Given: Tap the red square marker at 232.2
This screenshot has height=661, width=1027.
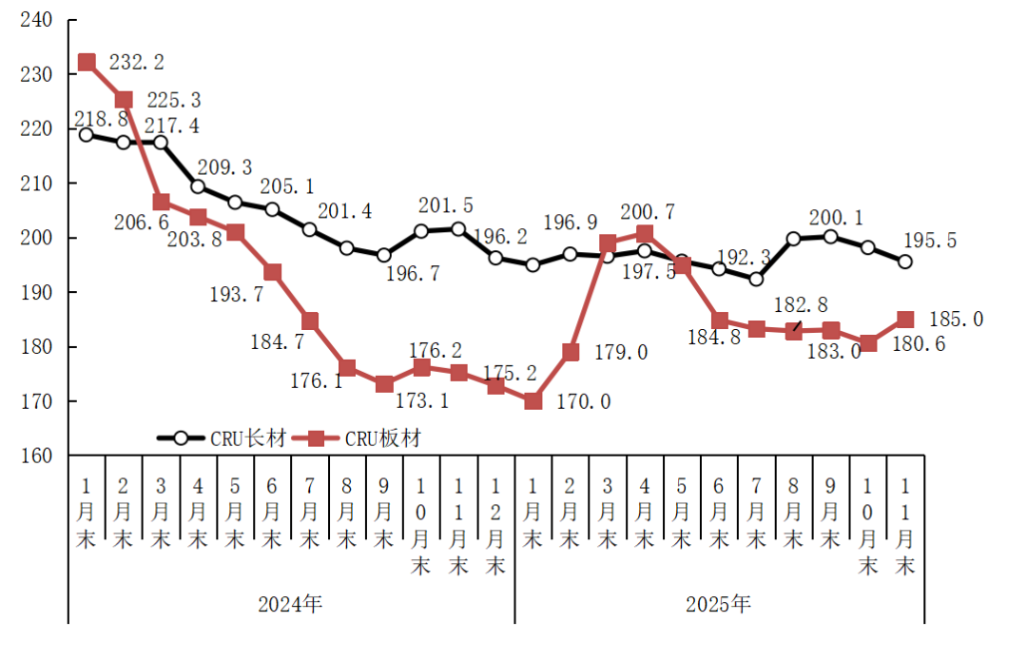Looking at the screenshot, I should click(x=87, y=63).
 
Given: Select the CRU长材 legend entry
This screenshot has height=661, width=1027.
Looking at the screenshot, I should click(x=222, y=438).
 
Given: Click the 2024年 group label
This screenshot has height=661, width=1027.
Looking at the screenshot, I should click(x=291, y=604).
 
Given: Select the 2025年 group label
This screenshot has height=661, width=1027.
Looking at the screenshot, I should click(x=719, y=604).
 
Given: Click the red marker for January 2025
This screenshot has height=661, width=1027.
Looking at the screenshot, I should click(x=533, y=401).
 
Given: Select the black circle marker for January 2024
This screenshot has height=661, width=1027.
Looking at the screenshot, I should click(x=87, y=135).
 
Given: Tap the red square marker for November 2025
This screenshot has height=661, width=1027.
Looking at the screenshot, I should click(x=905, y=320).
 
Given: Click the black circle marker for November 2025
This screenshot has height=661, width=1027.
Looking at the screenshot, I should click(x=905, y=262).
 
